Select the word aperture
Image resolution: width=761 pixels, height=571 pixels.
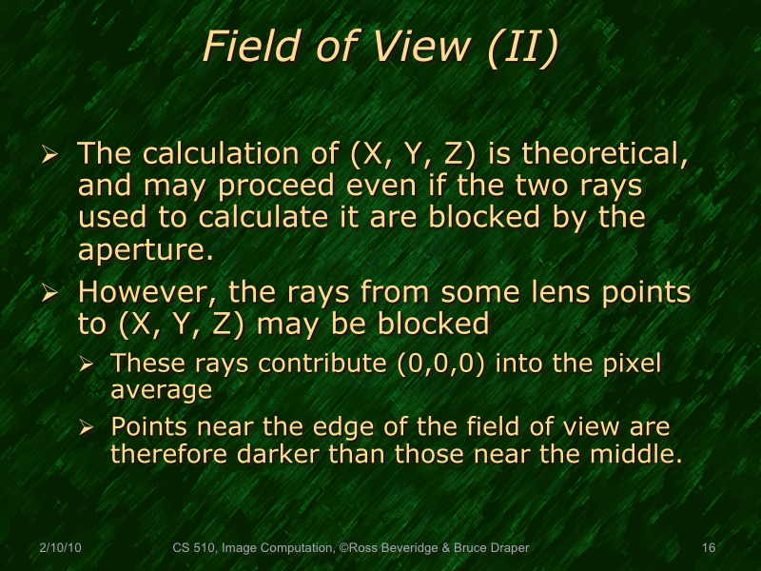[x=144, y=250]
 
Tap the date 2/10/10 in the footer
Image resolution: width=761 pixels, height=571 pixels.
[x=60, y=548]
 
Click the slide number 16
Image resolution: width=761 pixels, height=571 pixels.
[x=708, y=548]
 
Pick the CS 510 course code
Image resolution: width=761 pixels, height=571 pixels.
[x=194, y=548]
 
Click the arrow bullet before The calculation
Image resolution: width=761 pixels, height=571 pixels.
[x=53, y=155]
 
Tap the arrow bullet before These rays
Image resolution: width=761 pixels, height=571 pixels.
[x=88, y=364]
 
